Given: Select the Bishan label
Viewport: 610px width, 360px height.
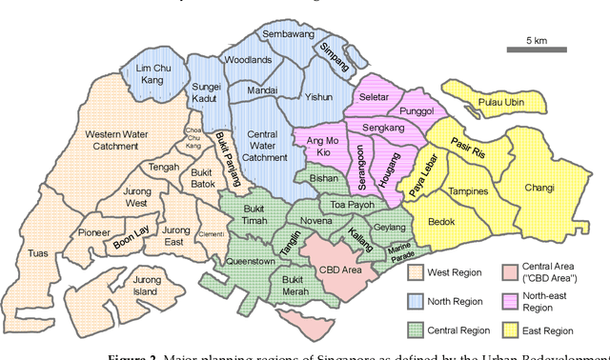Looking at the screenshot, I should point(324,178).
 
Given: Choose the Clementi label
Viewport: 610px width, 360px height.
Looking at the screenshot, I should point(212,233).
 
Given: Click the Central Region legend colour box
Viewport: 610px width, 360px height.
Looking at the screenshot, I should point(415,330).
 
